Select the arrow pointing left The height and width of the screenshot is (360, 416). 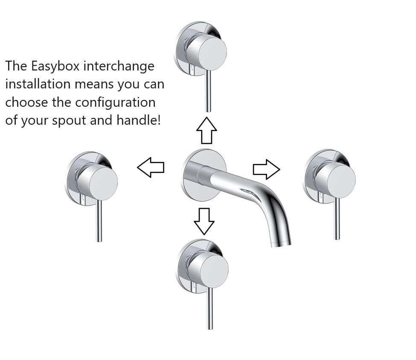pyautogui.click(x=151, y=167)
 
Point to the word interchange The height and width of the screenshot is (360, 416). pyautogui.click(x=119, y=66)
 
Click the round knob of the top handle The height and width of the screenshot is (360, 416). pyautogui.click(x=207, y=53)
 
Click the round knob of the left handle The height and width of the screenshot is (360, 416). pyautogui.click(x=98, y=183)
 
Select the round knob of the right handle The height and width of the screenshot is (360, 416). pyautogui.click(x=336, y=180)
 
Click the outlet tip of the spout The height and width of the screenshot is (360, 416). pyautogui.click(x=281, y=243)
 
